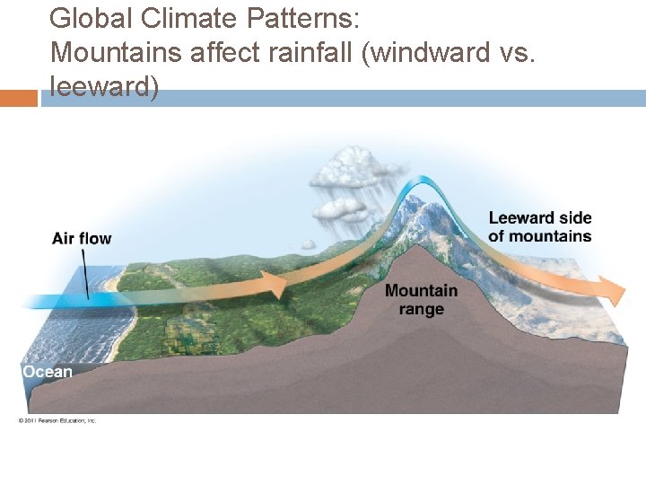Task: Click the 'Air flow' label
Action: point(82,238)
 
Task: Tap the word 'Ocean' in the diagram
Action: point(48,372)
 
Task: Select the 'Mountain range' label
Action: point(421,299)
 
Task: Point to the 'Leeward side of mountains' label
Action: point(539,227)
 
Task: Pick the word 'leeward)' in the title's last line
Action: point(104,87)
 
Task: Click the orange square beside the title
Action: point(19,98)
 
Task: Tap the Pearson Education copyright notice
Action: point(57,420)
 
